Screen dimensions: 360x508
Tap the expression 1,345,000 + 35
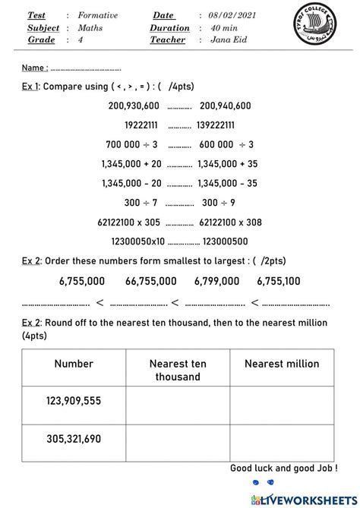[x=227, y=163]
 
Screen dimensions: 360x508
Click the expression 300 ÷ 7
[x=141, y=203]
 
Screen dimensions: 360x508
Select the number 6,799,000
[x=216, y=281]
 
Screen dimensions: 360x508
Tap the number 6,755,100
[x=278, y=281]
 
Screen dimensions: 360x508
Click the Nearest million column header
[x=282, y=364]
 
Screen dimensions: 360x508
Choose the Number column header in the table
[x=74, y=364]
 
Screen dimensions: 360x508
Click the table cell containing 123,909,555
[x=74, y=400]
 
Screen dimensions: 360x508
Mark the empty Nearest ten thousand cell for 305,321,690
[x=178, y=439]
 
